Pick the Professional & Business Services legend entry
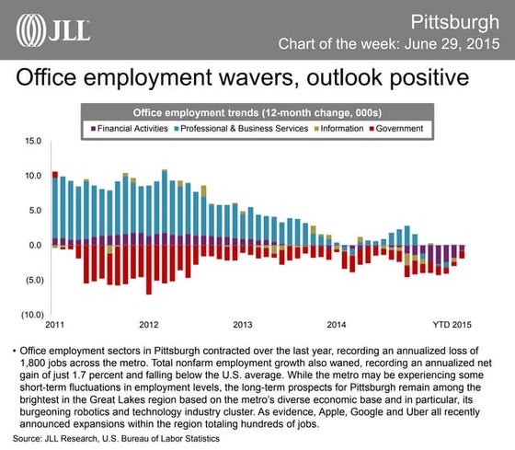point(246,128)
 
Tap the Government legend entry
point(398,128)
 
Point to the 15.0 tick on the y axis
point(33,141)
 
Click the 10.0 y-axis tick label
point(33,176)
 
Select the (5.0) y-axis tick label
point(32,280)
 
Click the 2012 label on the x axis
point(148,324)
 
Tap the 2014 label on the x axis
point(337,324)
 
